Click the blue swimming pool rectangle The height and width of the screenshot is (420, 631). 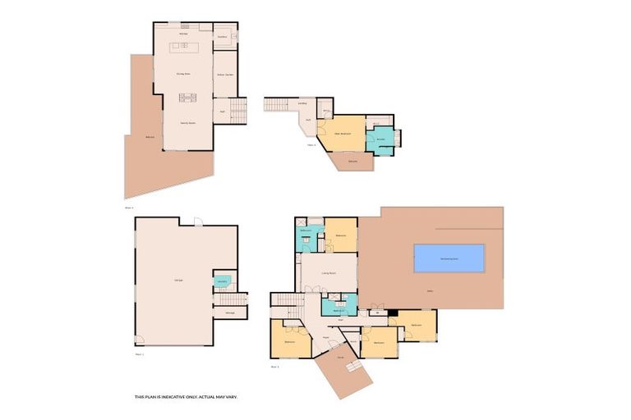tap(449, 258)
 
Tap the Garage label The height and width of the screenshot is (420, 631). tap(178, 281)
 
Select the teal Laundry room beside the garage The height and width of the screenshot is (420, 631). tap(222, 281)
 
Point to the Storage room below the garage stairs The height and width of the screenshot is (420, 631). tap(230, 313)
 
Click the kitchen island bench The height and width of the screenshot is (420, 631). tap(184, 47)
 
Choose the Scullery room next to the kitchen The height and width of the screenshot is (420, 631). tap(224, 37)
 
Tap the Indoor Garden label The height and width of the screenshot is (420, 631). tap(225, 75)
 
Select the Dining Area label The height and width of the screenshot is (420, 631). tap(183, 75)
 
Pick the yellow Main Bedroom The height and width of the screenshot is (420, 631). tap(343, 133)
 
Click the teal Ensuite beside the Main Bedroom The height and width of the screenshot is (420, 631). tap(380, 139)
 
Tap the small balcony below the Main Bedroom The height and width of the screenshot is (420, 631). tap(352, 161)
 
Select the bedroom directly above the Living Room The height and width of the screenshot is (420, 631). tap(341, 235)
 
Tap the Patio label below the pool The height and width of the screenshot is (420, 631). tap(429, 291)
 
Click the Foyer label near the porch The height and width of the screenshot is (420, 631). tap(325, 336)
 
